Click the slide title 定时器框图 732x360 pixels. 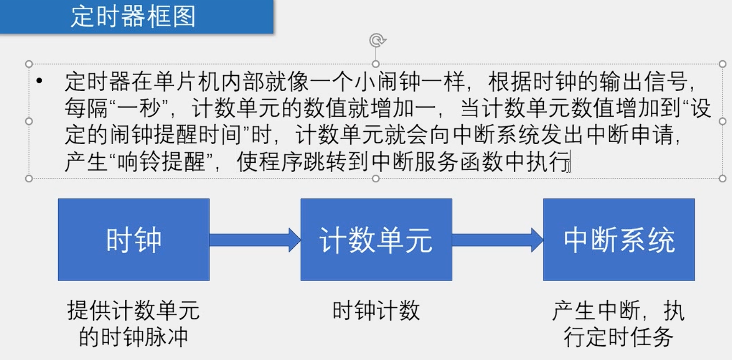pos(133,17)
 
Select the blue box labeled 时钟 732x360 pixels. pos(134,240)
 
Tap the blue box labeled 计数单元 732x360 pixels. pos(376,240)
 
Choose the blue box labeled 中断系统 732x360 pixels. pos(619,240)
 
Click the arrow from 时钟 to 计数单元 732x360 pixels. pos(255,239)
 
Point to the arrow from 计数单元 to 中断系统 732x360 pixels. pos(498,239)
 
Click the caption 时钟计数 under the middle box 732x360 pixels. pos(376,311)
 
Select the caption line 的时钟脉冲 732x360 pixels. pos(133,336)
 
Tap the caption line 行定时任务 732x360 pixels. pos(618,336)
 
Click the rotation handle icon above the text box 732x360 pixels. pos(376,40)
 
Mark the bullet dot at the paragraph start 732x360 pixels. pos(39,82)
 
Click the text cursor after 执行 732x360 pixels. pos(570,163)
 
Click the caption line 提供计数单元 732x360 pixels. pos(133,311)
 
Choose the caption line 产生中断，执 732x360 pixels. pos(618,311)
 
